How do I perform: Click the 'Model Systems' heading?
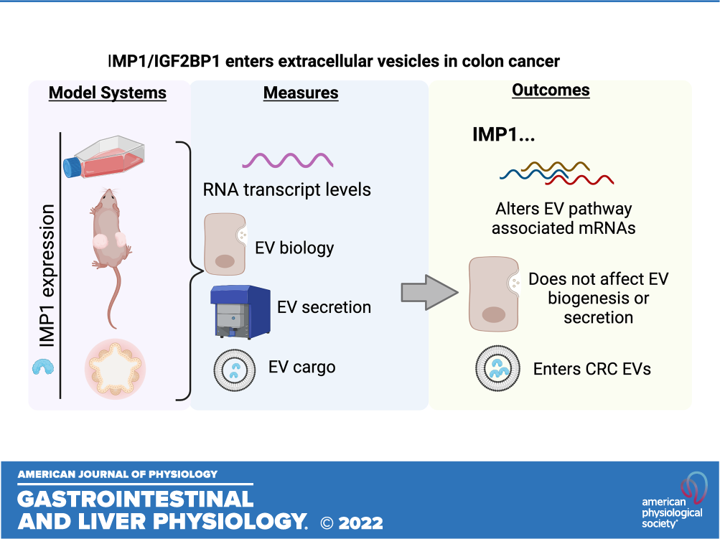click(x=108, y=93)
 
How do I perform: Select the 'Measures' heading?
click(x=301, y=93)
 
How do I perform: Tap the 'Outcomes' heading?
click(x=551, y=90)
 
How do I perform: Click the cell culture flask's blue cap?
click(x=72, y=167)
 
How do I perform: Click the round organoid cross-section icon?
click(x=116, y=369)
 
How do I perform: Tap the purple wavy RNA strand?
click(x=288, y=160)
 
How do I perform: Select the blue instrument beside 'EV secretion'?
click(x=240, y=311)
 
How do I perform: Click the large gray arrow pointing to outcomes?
click(x=429, y=292)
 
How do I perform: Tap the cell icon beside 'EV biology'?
click(x=225, y=244)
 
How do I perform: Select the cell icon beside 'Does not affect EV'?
click(x=494, y=294)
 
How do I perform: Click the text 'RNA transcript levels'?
click(x=287, y=189)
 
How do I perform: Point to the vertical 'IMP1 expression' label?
click(x=47, y=276)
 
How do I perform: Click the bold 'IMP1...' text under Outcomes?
click(x=504, y=134)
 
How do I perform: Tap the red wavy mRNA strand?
click(x=579, y=179)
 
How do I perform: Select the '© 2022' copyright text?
click(x=352, y=523)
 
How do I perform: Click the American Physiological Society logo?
click(x=673, y=500)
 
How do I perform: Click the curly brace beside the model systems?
click(x=190, y=271)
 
